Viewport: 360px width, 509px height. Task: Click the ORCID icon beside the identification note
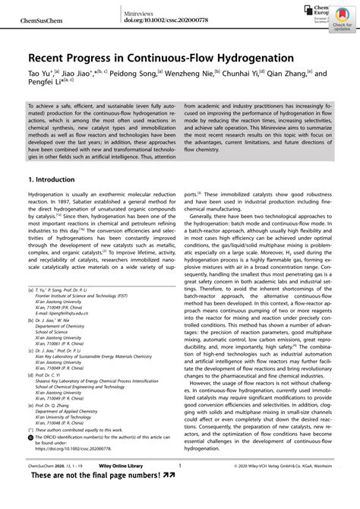[x=31, y=459]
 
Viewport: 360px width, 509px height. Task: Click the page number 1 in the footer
[x=179, y=487]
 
